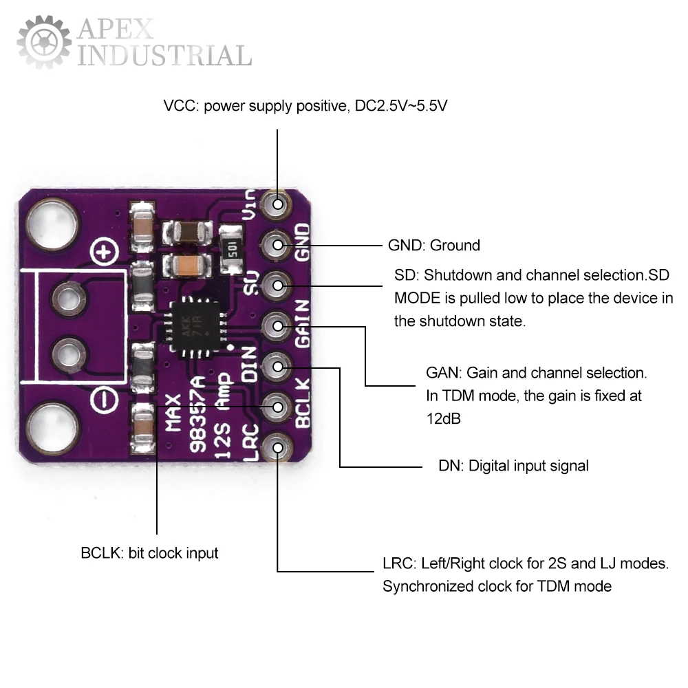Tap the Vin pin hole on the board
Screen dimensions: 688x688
[278, 204]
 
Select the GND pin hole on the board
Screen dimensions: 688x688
[278, 244]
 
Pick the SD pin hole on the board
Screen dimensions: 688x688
[278, 284]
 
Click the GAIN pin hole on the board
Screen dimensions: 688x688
[278, 326]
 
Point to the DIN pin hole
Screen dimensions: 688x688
[278, 367]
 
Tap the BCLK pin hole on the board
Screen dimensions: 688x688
[278, 407]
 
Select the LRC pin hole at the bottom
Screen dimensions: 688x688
[278, 448]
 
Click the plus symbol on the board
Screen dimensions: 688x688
[104, 254]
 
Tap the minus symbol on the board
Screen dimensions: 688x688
[103, 398]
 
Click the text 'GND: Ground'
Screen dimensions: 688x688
[434, 246]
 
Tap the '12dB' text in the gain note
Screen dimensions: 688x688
[443, 419]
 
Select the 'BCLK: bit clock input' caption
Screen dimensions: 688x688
[149, 553]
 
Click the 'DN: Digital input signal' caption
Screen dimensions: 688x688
[513, 466]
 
